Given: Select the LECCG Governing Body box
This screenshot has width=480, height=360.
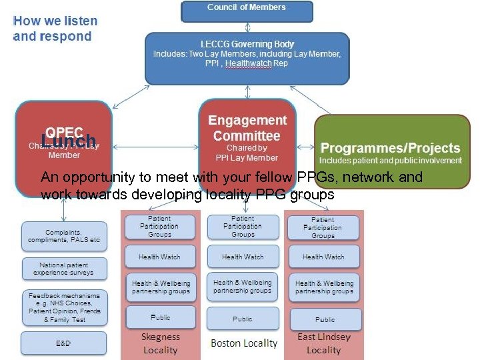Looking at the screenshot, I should click(x=247, y=58).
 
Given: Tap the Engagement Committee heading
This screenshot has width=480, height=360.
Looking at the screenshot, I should click(x=247, y=128).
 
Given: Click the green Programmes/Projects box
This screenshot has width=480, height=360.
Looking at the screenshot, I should click(x=392, y=152).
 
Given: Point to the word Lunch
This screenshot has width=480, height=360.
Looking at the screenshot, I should click(x=69, y=141).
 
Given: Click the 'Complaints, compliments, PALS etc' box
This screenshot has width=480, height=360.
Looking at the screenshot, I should click(x=64, y=235).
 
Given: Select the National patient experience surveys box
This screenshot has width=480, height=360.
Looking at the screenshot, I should click(x=64, y=269).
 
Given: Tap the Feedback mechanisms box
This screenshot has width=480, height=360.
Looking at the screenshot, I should click(x=64, y=307).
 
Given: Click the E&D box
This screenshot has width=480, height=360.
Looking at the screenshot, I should click(x=64, y=343).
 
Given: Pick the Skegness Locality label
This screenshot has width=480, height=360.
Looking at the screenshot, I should click(x=160, y=343).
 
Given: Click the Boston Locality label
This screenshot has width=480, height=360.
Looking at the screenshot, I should click(x=243, y=343).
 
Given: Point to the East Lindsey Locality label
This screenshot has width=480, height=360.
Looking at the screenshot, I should click(x=324, y=343).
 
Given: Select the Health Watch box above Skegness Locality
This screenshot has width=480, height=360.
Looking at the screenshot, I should click(x=159, y=257).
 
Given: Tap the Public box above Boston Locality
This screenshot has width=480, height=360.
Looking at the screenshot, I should click(x=243, y=319).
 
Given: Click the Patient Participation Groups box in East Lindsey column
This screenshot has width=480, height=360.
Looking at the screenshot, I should click(x=323, y=227).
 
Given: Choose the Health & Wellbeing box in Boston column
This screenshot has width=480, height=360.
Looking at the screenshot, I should click(x=243, y=287).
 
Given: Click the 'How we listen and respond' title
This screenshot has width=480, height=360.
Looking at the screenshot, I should click(x=55, y=29).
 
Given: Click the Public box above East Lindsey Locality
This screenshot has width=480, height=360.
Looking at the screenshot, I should click(x=325, y=319).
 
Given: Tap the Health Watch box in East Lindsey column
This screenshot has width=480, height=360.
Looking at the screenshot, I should click(x=323, y=257).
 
